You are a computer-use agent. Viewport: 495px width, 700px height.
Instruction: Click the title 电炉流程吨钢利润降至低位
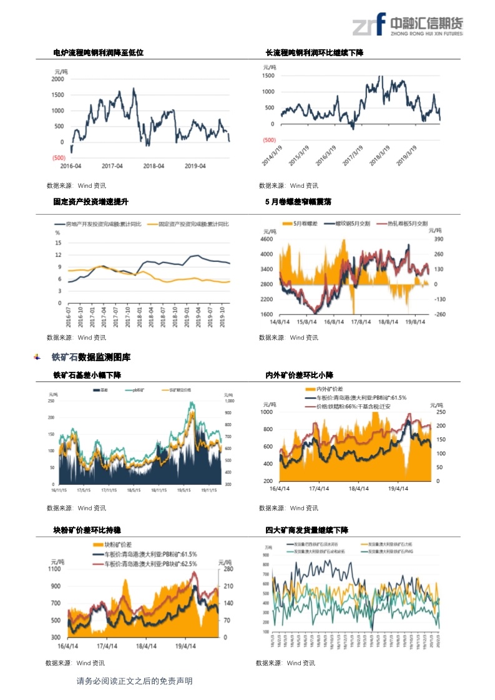(98, 53)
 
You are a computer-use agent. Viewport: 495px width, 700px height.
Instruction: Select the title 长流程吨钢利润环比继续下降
(314, 53)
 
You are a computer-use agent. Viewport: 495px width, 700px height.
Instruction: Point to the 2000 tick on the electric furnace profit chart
(57, 79)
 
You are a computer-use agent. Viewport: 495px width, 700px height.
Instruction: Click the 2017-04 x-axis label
(112, 166)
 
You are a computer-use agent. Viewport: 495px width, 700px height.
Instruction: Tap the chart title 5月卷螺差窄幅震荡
(298, 202)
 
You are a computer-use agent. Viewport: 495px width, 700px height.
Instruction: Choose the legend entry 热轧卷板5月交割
(407, 223)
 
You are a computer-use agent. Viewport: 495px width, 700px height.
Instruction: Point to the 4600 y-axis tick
(267, 240)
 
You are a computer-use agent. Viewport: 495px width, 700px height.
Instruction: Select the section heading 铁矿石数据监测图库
(91, 357)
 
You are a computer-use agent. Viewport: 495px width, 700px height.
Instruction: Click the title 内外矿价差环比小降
(299, 375)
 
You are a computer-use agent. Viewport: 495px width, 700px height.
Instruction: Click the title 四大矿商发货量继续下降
(306, 530)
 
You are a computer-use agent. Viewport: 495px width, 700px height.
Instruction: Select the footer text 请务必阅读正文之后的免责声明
(134, 681)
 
